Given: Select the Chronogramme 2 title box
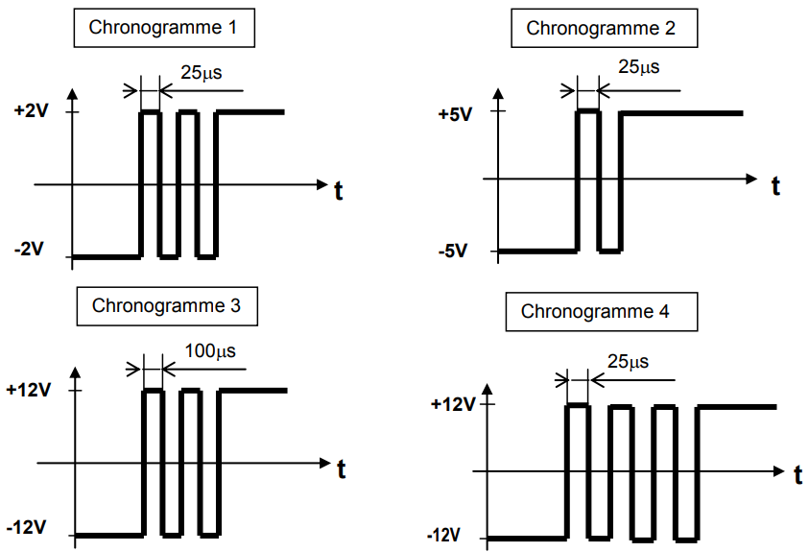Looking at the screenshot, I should pos(601,28).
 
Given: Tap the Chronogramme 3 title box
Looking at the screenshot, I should pos(167,306).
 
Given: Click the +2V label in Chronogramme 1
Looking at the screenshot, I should pos(32,111).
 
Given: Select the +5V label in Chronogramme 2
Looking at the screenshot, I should pos(454,114).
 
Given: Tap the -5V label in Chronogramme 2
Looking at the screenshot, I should pos(451,252).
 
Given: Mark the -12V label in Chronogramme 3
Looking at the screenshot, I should pos(26,528).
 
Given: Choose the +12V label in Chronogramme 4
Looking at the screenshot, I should pos(453,404).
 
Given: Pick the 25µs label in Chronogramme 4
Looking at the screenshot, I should pos(628,362).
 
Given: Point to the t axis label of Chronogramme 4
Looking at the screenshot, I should pos(797,475).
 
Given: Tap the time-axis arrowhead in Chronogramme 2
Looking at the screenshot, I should pos(750,179).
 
